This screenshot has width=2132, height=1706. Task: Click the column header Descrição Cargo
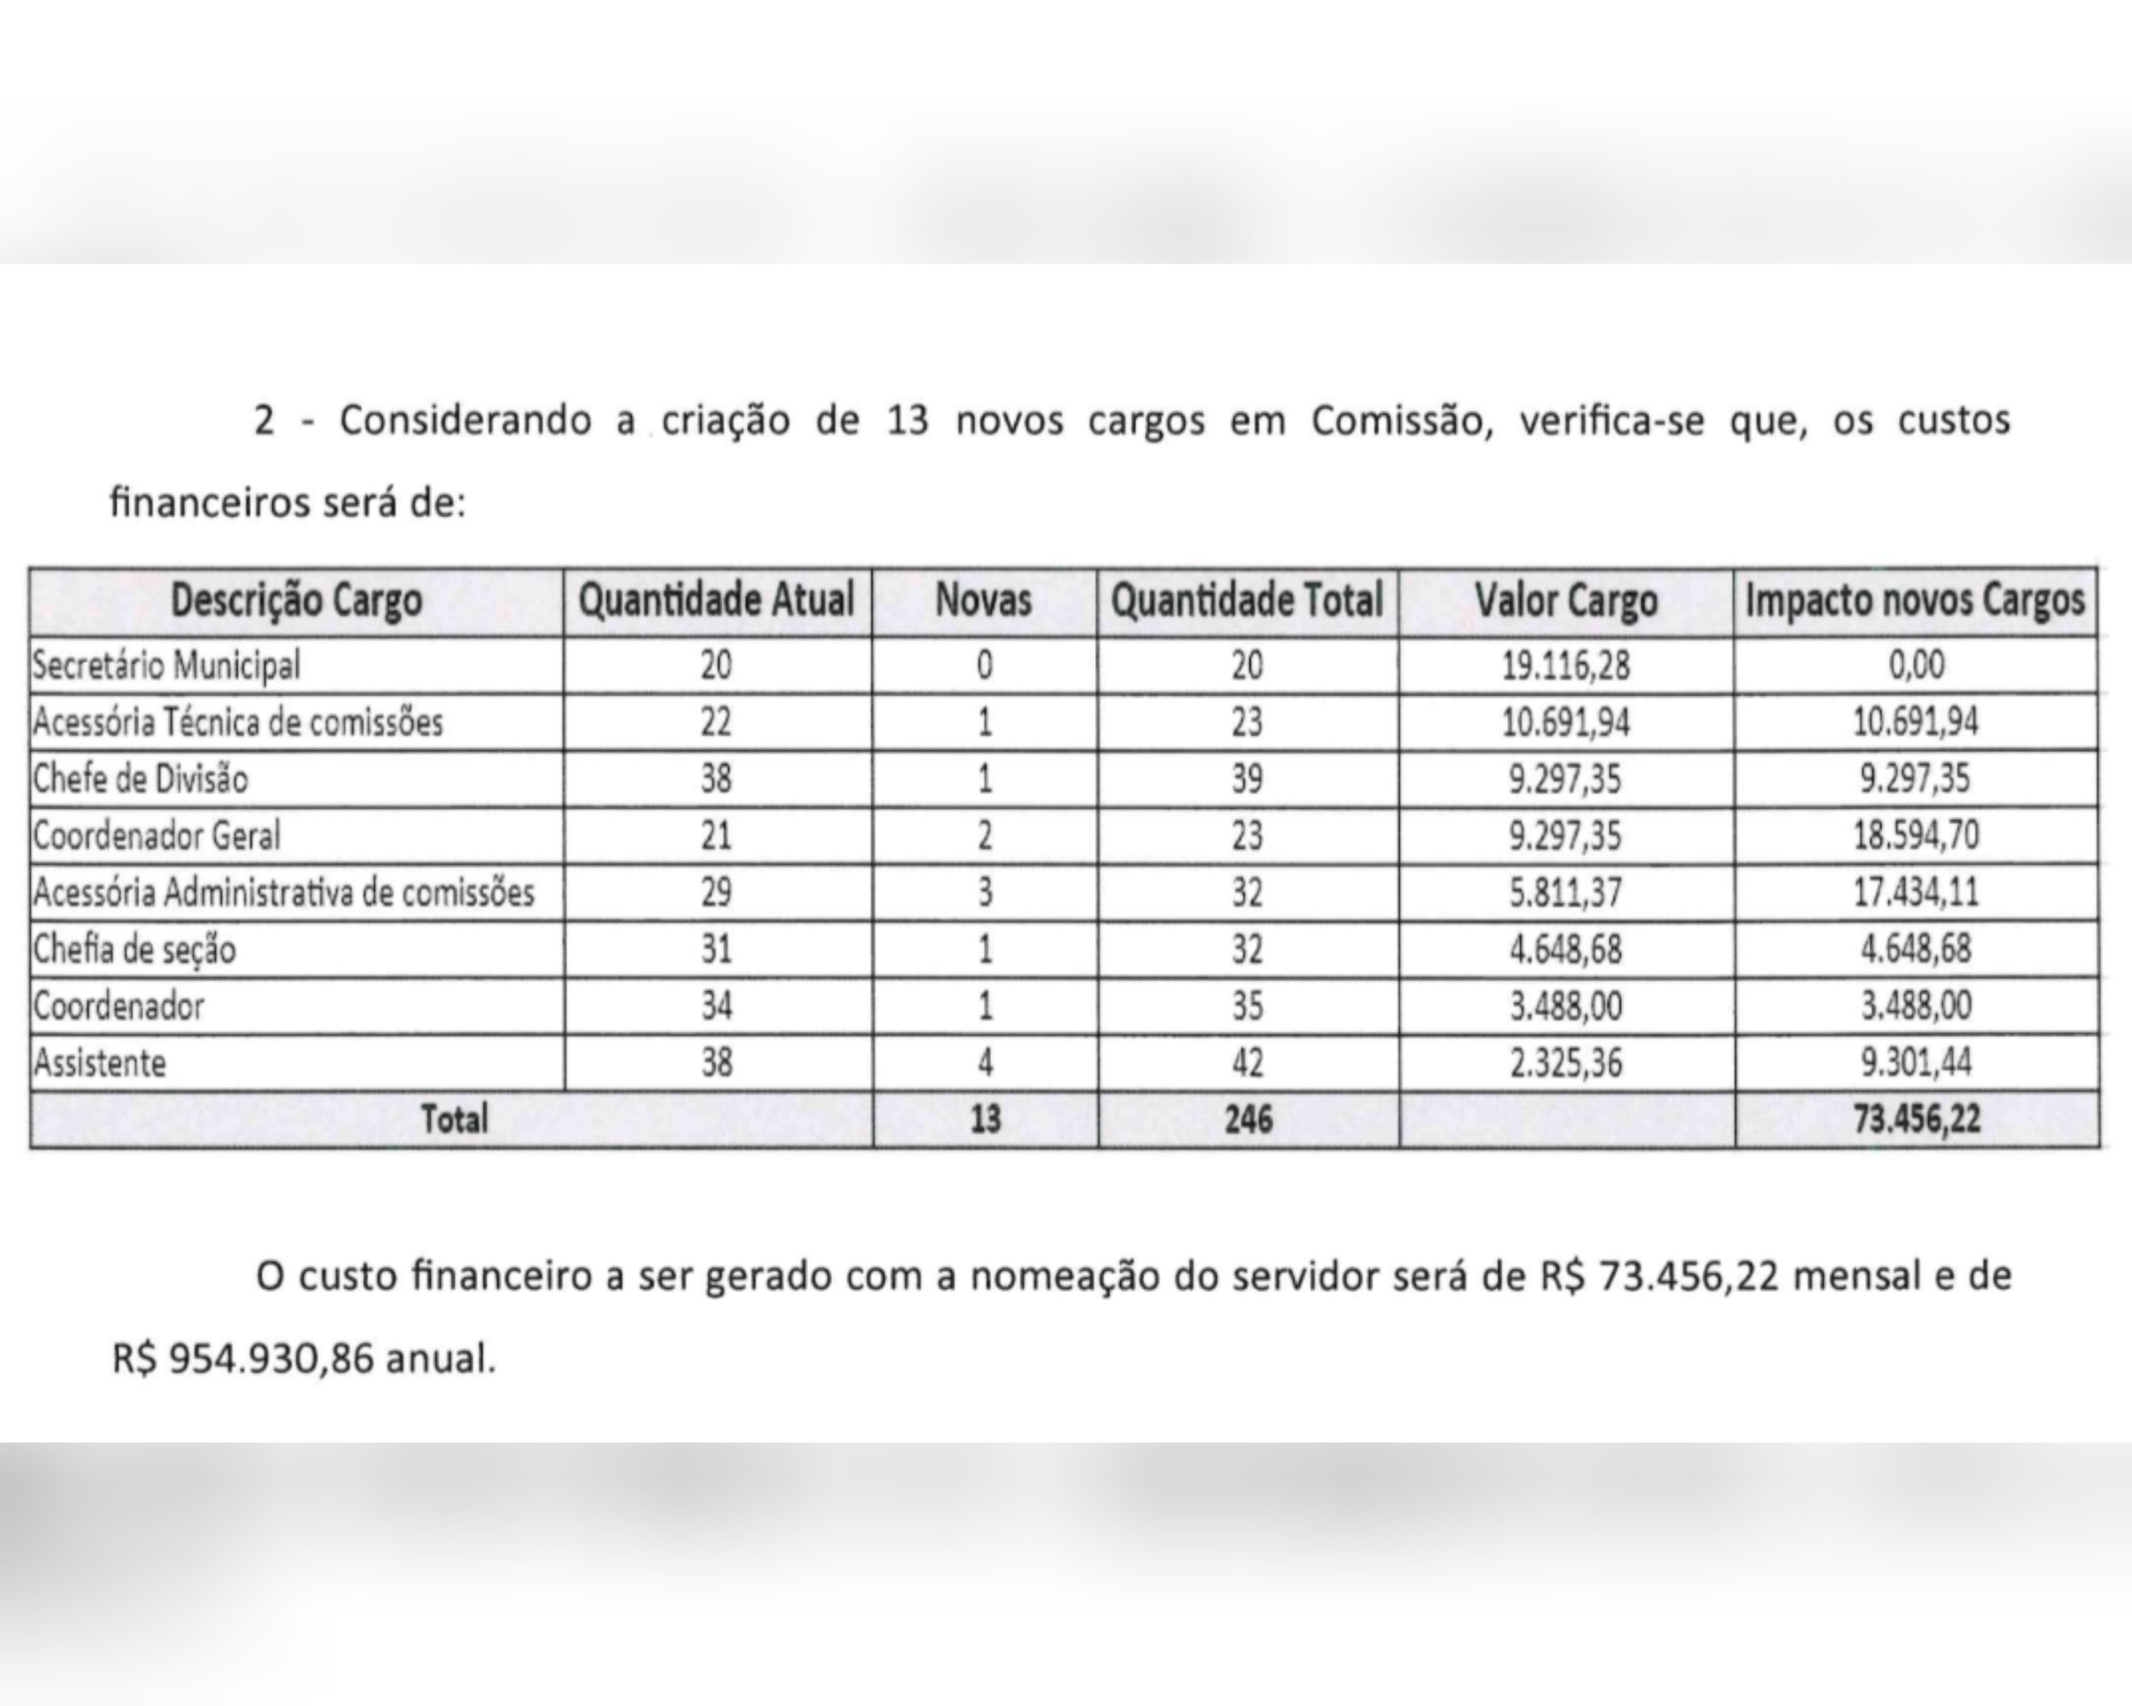[296, 601]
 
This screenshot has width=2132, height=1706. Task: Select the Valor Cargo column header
[1566, 601]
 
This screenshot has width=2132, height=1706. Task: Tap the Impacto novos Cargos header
[1915, 601]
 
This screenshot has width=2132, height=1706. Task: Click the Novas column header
[983, 601]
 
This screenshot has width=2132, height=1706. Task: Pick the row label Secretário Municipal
[166, 665]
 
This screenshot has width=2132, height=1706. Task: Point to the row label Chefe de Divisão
[141, 780]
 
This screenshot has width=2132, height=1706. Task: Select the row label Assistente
[100, 1063]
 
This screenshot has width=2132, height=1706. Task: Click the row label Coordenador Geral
[157, 836]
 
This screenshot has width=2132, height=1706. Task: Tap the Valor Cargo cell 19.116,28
[1566, 665]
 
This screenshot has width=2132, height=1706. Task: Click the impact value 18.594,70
[1915, 836]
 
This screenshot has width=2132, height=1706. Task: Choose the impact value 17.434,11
[1915, 892]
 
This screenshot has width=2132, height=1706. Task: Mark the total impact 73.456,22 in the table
[1916, 1120]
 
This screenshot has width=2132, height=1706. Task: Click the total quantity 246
[1248, 1120]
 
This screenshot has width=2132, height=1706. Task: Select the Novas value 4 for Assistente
[985, 1063]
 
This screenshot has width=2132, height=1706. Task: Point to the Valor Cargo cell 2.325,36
[1566, 1063]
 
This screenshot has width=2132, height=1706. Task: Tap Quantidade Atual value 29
[716, 892]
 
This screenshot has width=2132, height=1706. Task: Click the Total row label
[454, 1120]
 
